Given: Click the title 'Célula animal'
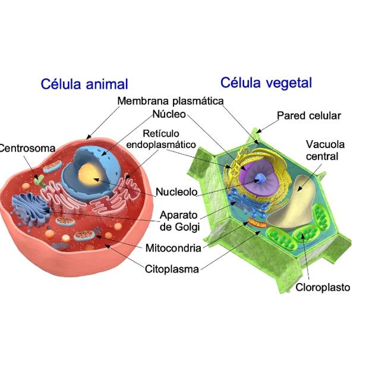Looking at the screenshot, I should [x=84, y=84].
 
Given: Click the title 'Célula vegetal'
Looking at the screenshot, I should [x=266, y=83].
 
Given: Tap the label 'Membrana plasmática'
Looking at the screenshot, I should [x=170, y=101].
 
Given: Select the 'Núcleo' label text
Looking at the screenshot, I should [x=169, y=114].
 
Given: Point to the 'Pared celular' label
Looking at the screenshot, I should [x=309, y=115].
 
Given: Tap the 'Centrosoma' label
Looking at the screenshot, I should [x=27, y=148].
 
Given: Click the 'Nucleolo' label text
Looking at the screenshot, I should [x=176, y=192].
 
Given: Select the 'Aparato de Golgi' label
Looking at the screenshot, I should [x=179, y=221].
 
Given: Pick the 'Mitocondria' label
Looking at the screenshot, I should [x=173, y=248].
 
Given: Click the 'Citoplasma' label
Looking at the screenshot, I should [x=172, y=268].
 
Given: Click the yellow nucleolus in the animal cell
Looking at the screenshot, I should [x=92, y=176].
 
